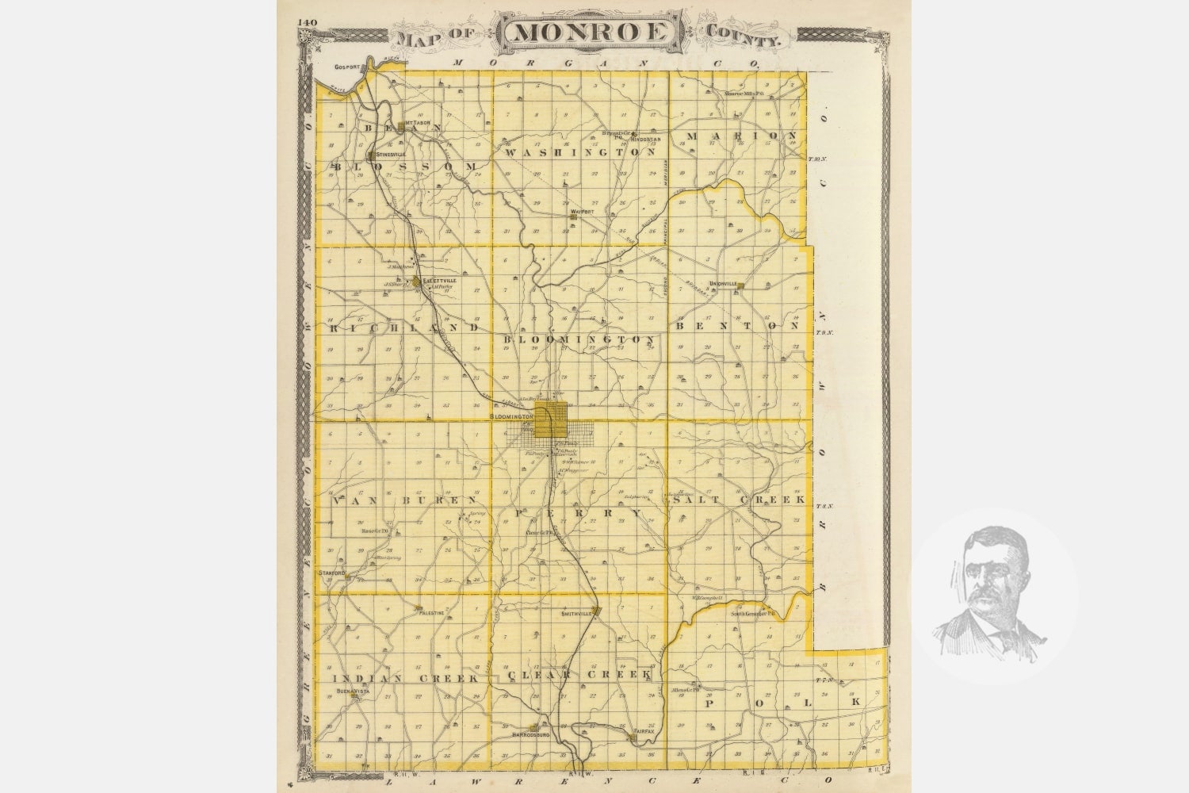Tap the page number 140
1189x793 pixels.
[308, 22]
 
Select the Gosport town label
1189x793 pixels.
[348, 67]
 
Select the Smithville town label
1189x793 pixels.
[577, 614]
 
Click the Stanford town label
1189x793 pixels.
[331, 573]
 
